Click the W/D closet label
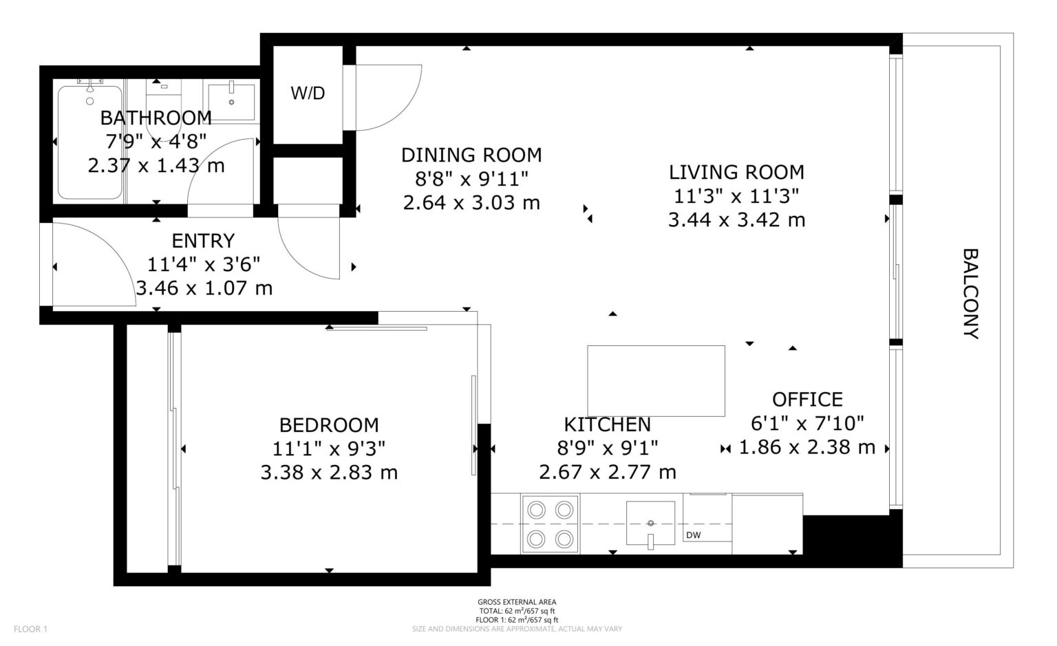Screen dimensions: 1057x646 coord(308,94)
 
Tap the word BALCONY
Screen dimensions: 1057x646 coord(970,294)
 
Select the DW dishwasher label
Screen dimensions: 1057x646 coord(693,535)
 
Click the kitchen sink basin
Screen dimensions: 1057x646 coord(650,523)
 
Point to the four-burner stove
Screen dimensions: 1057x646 coord(551,524)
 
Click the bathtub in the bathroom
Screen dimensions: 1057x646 coord(89,142)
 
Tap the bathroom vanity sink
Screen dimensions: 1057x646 coord(231,102)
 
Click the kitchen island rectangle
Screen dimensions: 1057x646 coord(656,381)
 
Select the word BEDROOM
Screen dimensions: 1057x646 coord(329,425)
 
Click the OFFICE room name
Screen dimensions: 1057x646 coord(807,400)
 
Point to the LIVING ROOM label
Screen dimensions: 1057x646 coord(736,172)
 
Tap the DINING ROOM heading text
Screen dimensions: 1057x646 coord(471,155)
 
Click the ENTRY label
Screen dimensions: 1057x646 coord(203,241)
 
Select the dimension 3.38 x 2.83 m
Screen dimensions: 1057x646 coord(329,473)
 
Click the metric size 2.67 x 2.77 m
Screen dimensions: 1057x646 coord(608,472)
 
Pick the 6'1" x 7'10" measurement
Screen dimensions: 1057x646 coord(807,423)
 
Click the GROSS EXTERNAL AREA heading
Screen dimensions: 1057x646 coord(517,602)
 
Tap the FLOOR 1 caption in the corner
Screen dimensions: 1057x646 coord(31,629)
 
